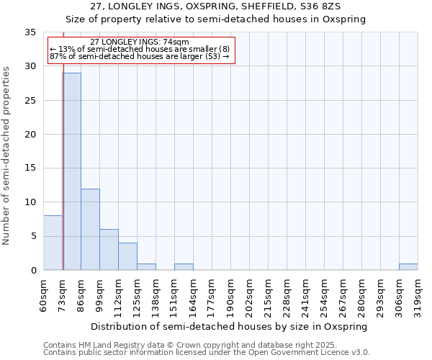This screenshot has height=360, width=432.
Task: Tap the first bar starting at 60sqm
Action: click(53, 243)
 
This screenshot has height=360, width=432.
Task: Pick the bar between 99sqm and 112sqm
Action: click(109, 249)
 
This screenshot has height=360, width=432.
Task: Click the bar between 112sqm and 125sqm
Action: click(127, 256)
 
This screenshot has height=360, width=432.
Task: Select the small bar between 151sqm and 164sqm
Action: click(184, 266)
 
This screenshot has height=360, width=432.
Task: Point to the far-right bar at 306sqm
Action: click(408, 266)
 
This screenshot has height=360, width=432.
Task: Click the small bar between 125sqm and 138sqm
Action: click(146, 266)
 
